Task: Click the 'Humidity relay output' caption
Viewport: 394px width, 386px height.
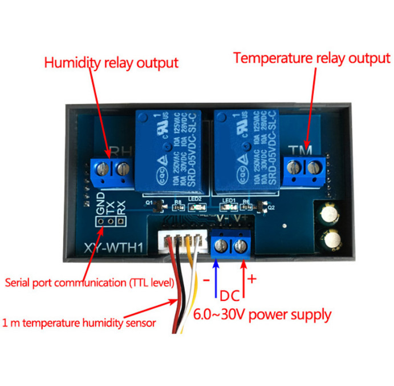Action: [x=111, y=62]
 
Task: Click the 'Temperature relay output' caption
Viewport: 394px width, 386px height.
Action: [x=312, y=58]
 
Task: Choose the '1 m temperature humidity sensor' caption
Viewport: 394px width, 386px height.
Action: [x=79, y=323]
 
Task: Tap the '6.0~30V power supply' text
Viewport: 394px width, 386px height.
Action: [x=262, y=314]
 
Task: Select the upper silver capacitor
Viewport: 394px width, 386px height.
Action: [x=330, y=215]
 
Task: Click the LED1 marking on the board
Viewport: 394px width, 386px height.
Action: [x=229, y=200]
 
